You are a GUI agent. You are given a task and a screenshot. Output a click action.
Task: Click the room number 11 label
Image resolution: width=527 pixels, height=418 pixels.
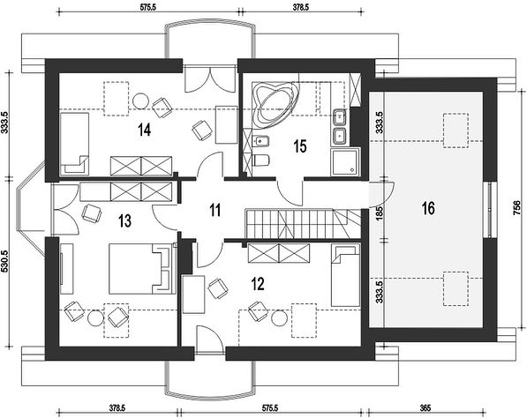pos(215,210)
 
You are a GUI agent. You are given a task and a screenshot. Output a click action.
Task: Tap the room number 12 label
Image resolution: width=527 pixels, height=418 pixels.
pos(258,284)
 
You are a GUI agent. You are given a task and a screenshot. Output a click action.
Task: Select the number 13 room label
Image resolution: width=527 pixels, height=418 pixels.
pos(124,221)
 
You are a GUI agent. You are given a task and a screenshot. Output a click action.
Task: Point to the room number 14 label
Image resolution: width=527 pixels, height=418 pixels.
pos(145,130)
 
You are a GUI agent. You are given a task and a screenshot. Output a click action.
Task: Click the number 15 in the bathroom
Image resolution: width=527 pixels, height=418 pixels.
pos(300,146)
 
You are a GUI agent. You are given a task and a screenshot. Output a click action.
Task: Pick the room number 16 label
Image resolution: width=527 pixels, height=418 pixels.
pos(428,208)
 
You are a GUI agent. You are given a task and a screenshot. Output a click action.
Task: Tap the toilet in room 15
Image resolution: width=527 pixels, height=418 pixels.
pos(261,160)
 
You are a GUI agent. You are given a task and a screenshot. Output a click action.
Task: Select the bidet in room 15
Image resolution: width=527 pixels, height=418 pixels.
pos(260,141)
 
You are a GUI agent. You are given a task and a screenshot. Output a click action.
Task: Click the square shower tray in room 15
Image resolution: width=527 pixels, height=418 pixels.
pos(345,162)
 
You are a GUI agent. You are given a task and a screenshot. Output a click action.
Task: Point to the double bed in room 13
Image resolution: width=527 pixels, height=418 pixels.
pos(142,269)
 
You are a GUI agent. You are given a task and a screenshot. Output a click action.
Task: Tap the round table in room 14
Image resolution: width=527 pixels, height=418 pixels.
pos(140,101)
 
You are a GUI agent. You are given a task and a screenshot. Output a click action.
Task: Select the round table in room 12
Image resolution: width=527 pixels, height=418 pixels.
pos(280,318)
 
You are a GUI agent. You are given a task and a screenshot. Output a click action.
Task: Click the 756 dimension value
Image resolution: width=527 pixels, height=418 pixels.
pos(519,208)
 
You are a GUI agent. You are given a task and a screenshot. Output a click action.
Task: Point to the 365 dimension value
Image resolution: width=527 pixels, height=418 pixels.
pos(425,408)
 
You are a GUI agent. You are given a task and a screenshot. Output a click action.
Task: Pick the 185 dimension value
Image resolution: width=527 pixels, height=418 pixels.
pos(379,213)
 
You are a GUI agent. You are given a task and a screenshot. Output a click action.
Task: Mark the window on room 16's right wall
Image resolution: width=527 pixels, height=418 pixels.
pos(490,210)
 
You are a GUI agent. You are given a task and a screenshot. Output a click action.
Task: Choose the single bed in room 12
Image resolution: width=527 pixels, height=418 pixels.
pos(345,275)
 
